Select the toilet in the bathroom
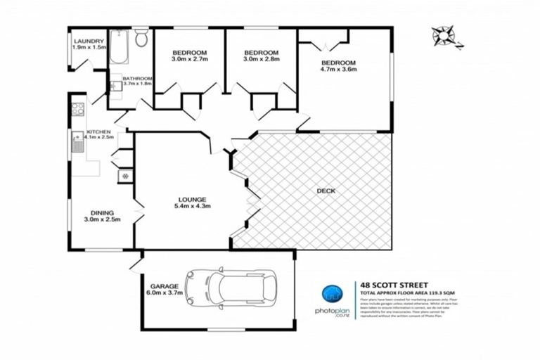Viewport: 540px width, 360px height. (x=141, y=38)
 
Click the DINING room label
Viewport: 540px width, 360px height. (x=103, y=212)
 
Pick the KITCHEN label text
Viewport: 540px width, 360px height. (x=99, y=132)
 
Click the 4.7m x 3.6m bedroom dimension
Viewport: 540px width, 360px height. (x=339, y=70)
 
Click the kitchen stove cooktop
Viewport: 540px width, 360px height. (x=77, y=109)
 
